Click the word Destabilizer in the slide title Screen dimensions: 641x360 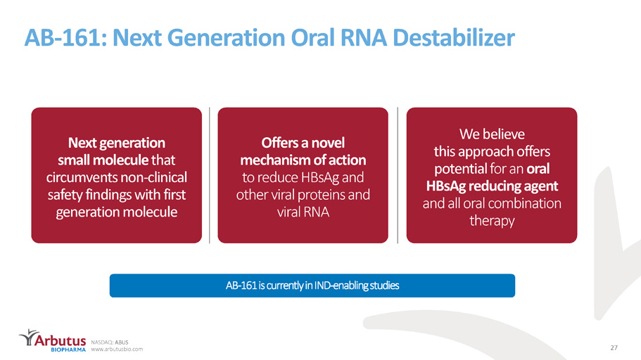453,37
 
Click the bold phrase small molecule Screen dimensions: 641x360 103,160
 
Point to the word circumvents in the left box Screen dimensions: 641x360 81,177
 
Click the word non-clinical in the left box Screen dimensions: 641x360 152,177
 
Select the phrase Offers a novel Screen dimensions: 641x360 303,143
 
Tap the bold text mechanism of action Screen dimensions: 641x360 303,160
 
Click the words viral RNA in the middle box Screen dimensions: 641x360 303,212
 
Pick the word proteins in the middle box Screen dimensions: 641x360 320,195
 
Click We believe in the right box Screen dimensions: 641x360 492,134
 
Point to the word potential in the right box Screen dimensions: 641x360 460,169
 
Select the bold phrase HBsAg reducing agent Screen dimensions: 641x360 492,186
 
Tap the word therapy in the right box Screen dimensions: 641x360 492,221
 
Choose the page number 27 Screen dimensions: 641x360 614,348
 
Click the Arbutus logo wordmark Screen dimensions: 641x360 60,340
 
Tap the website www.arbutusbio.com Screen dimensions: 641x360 117,349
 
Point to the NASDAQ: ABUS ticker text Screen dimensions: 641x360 110,342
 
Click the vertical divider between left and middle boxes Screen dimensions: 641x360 210,175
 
